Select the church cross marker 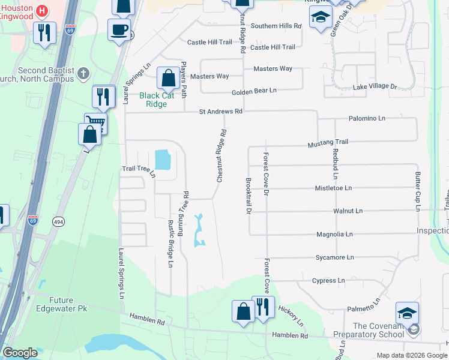(83, 74)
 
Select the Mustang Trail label (328, 143)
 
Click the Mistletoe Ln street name (333, 188)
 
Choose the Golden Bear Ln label (255, 91)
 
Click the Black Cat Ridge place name (158, 100)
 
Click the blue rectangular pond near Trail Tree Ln (163, 160)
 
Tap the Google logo (20, 353)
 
